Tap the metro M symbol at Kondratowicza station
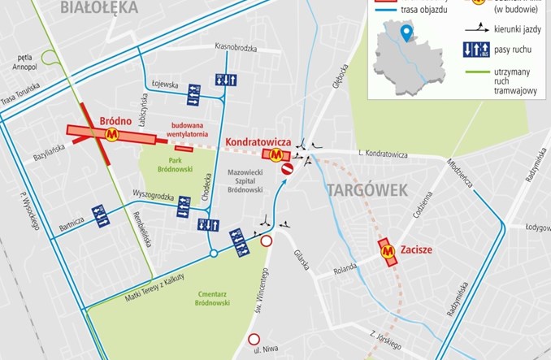pyautogui.click(x=278, y=152)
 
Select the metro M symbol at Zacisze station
pyautogui.click(x=388, y=251)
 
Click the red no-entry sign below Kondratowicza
pyautogui.click(x=287, y=169)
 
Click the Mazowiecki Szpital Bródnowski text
pyautogui.click(x=238, y=180)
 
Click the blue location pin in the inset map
pyautogui.click(x=406, y=33)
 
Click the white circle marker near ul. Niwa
pyautogui.click(x=254, y=339)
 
